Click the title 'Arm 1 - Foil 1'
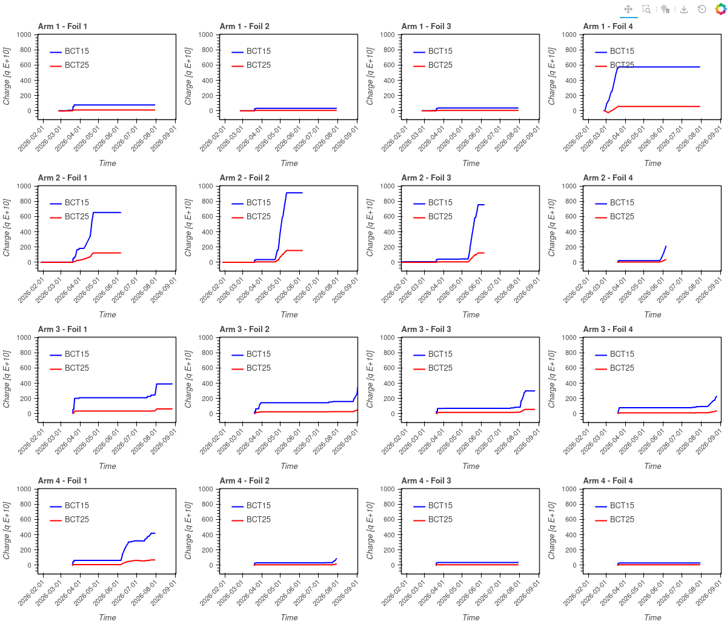tap(62, 27)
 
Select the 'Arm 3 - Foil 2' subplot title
tap(244, 329)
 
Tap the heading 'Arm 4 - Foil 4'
tap(608, 480)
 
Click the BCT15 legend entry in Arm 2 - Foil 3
tap(433, 202)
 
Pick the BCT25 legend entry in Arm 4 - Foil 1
tap(69, 520)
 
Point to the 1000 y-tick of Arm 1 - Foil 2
tap(205, 35)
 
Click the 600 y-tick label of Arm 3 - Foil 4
tap(571, 368)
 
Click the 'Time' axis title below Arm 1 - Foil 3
tap(471, 163)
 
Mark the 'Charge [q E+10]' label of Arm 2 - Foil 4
tap(551, 228)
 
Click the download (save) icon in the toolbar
tap(683, 9)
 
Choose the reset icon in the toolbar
tap(702, 9)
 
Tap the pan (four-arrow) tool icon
tap(628, 9)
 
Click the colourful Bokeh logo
tap(720, 9)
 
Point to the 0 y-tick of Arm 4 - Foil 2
tap(211, 565)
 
